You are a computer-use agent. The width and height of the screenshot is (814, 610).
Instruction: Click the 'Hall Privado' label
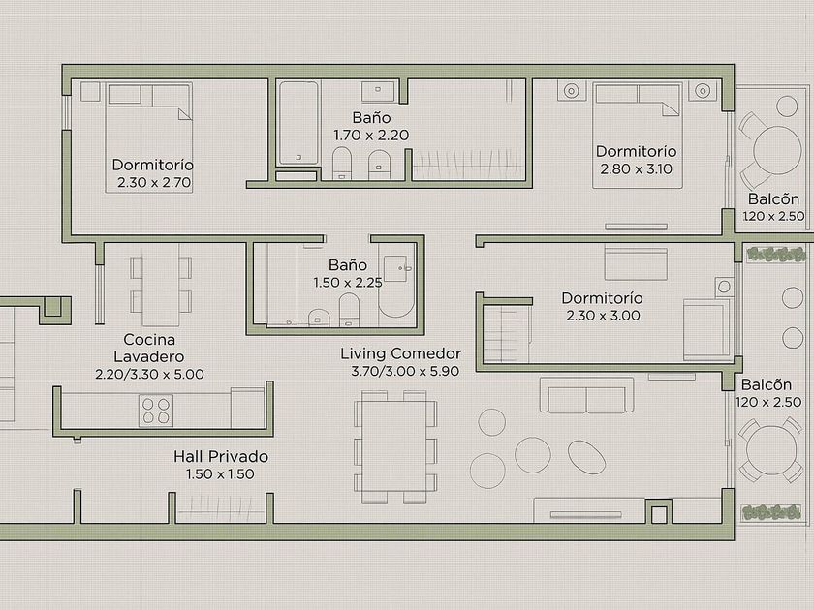coord(221,456)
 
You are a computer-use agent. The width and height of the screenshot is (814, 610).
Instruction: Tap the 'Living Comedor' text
coord(401,353)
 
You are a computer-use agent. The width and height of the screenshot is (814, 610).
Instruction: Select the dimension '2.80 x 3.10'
coord(636,169)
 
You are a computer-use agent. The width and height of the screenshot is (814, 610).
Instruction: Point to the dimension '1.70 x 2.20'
coord(371,136)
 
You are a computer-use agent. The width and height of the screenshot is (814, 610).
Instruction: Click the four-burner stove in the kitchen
coord(156,411)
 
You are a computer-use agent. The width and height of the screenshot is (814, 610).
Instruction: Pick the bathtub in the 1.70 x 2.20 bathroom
coord(298,123)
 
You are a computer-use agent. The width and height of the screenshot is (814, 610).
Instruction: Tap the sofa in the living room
coord(586,395)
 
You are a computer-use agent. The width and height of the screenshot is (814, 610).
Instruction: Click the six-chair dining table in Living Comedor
coord(396,447)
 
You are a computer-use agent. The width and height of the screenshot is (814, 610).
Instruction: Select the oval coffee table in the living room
coord(586,456)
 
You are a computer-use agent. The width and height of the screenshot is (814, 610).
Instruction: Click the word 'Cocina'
coord(149,340)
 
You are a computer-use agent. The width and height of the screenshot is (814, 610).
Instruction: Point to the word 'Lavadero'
coord(149,357)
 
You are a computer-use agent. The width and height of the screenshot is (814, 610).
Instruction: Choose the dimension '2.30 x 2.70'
coord(154,183)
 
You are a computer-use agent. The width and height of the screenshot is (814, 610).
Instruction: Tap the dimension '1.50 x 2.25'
coord(348,283)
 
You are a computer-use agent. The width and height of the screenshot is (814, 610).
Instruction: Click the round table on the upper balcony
coord(777,150)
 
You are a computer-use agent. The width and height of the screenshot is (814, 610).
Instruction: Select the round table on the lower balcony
coord(771,449)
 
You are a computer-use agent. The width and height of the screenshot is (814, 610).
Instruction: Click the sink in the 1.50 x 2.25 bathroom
coord(395,269)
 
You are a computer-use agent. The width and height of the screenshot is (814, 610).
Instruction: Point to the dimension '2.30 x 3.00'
coord(603,316)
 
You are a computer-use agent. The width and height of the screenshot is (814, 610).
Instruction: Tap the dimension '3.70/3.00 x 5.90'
coord(405,372)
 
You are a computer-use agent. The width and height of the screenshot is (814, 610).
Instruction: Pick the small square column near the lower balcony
coord(659,512)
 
